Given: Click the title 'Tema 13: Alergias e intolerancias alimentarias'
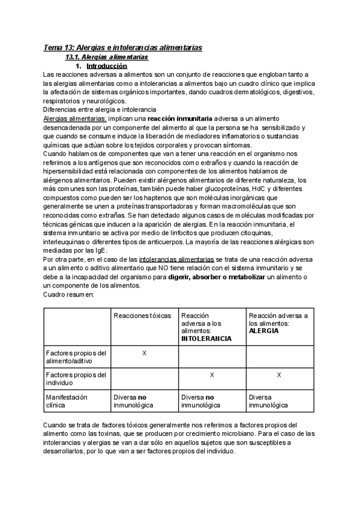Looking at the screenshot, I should (122, 47).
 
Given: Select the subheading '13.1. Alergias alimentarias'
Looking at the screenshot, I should (107, 56).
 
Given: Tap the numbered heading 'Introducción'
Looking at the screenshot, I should (107, 65).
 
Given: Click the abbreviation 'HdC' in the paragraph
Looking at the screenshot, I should (260, 188).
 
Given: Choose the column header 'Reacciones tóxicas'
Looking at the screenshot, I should (143, 316).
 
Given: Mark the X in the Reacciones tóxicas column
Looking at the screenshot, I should (144, 353).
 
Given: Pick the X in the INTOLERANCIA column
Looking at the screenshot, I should (212, 375).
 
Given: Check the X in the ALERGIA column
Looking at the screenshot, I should (279, 375).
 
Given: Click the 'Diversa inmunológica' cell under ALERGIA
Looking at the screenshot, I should (268, 401).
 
